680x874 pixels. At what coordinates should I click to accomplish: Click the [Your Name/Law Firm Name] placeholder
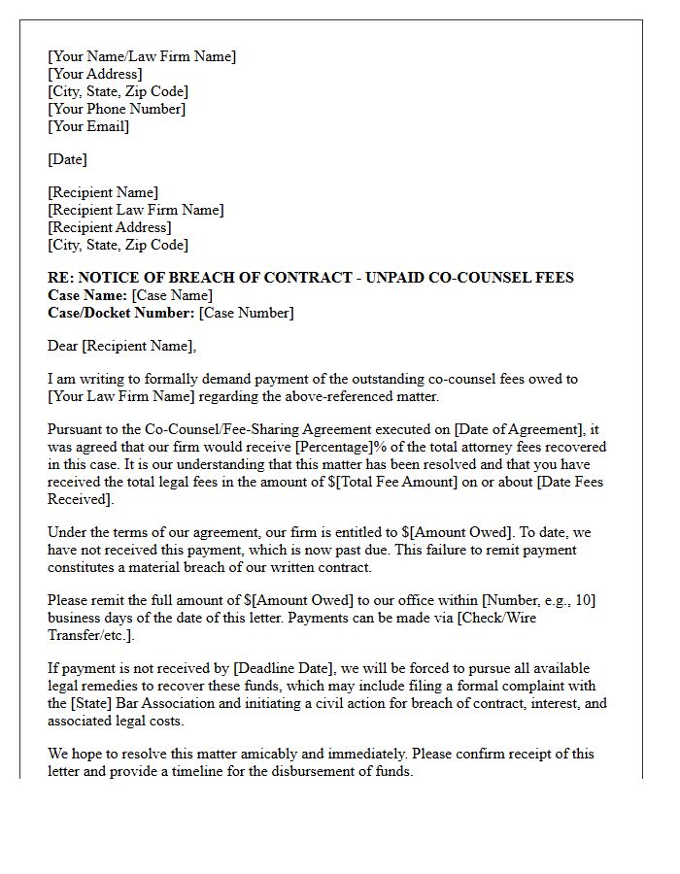tap(142, 56)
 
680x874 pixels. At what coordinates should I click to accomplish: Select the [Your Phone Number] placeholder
tap(117, 109)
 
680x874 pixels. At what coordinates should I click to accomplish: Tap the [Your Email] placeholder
tap(88, 126)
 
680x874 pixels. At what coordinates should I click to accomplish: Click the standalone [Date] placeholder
tap(67, 159)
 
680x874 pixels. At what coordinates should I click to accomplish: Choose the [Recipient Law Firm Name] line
tap(135, 210)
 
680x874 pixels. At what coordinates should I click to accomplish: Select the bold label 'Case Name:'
tap(87, 295)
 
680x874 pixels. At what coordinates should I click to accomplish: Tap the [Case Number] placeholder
tap(246, 313)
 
